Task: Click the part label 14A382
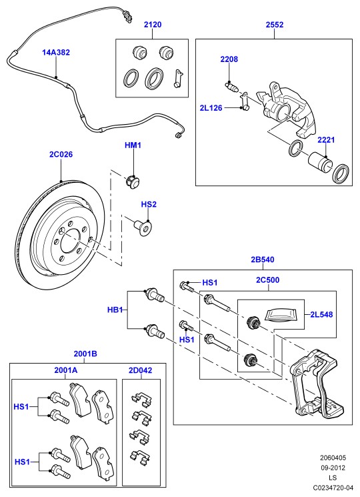[x=56, y=53]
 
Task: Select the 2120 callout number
[x=153, y=25]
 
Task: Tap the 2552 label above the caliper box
[x=275, y=25]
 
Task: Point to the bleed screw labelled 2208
[x=231, y=86]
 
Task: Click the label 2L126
[x=211, y=108]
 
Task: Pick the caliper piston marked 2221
[x=320, y=161]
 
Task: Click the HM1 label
[x=133, y=145]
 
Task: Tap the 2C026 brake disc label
[x=61, y=154]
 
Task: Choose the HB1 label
[x=115, y=310]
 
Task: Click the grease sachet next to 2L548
[x=281, y=316]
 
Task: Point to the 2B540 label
[x=263, y=260]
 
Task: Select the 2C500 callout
[x=268, y=280]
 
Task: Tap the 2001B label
[x=85, y=354]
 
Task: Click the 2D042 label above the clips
[x=140, y=370]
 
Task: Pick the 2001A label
[x=66, y=370]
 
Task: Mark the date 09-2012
[x=333, y=468]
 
